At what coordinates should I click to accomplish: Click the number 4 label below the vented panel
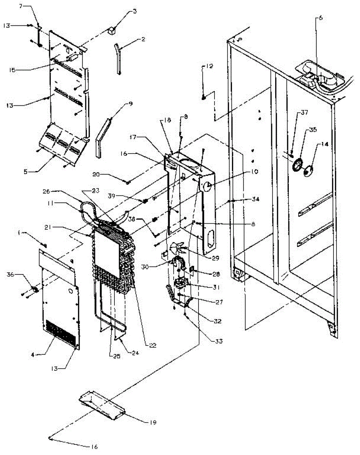(32, 355)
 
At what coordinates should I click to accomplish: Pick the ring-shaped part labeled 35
(296, 165)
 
